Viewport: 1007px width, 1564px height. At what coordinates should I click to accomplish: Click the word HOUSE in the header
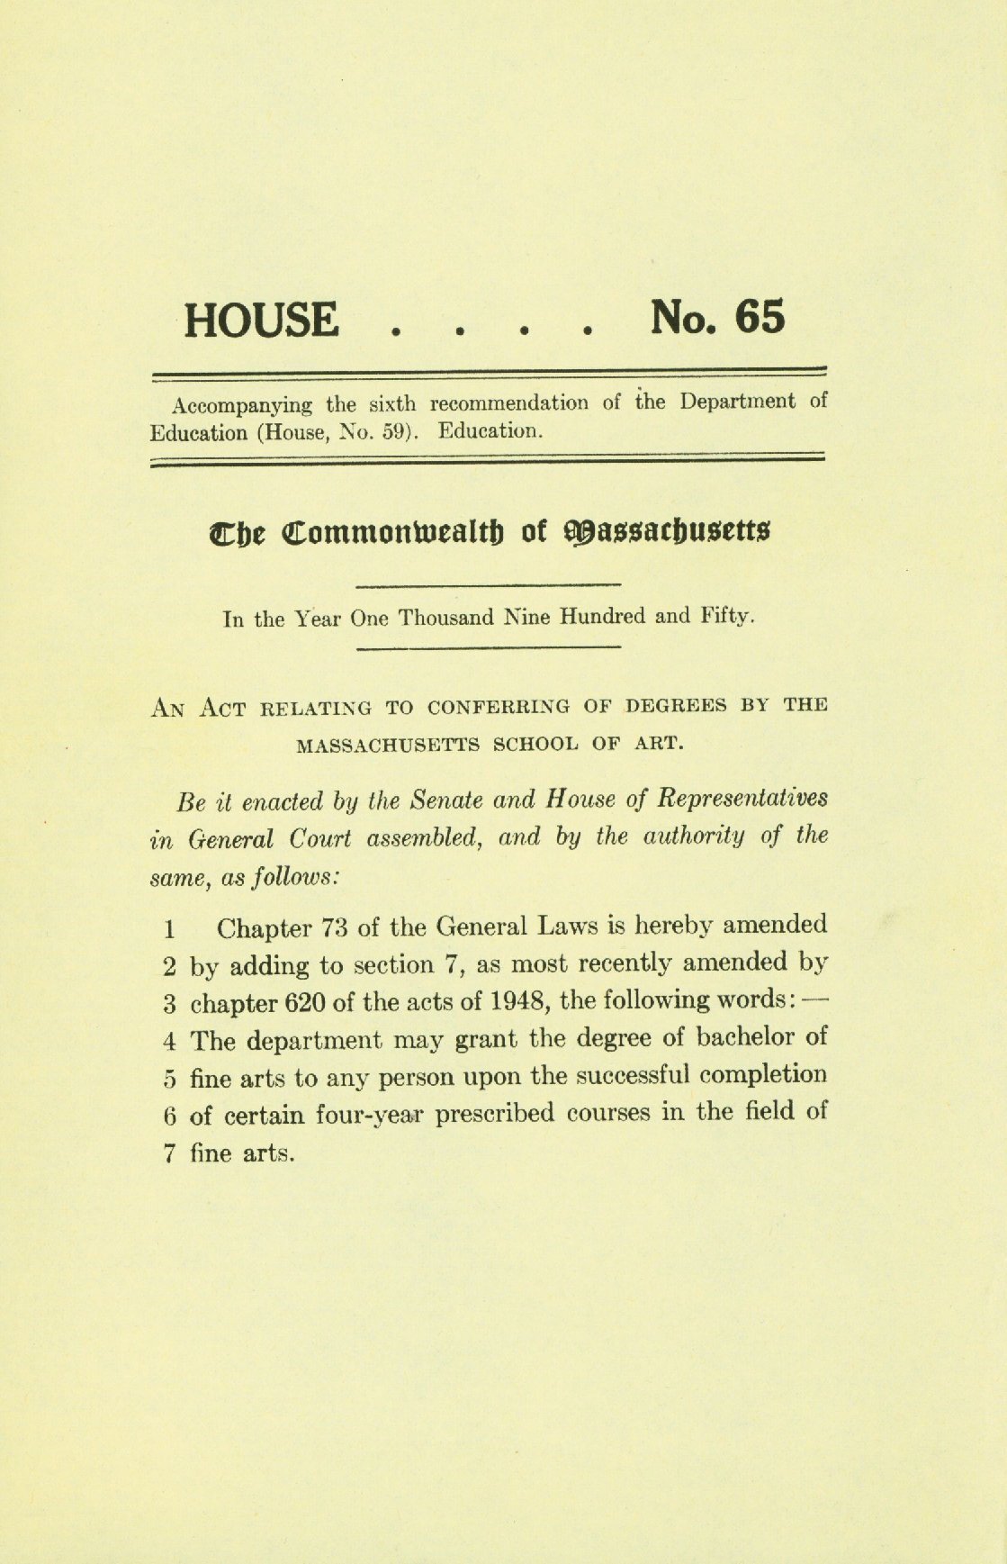(262, 321)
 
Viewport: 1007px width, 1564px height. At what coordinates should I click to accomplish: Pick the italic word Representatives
(744, 799)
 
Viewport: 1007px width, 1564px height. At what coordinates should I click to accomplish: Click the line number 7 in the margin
(169, 1154)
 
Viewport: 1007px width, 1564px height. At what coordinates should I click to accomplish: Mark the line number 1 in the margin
(169, 928)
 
